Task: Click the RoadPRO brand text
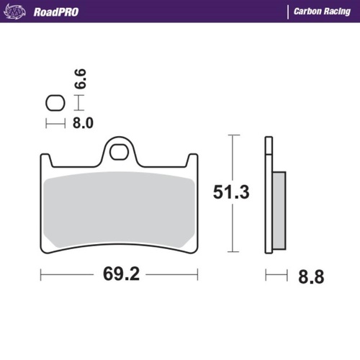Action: [56, 12]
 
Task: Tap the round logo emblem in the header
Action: [19, 12]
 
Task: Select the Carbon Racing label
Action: [320, 12]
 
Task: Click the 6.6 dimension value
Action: [81, 78]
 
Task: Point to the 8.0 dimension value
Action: [83, 123]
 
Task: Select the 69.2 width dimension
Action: [119, 274]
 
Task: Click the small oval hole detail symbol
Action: [53, 102]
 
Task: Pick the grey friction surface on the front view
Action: [119, 209]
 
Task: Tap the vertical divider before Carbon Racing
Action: [287, 12]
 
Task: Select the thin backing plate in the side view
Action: [269, 194]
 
